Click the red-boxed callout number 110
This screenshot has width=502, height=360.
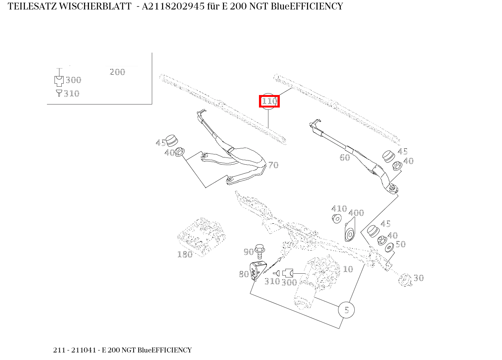click(x=269, y=101)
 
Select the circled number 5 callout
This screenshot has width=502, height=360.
click(x=346, y=310)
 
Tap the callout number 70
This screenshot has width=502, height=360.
click(x=273, y=165)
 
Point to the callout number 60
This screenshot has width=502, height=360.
click(x=345, y=157)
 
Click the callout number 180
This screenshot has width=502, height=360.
click(x=185, y=254)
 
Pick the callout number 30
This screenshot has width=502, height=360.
click(x=418, y=278)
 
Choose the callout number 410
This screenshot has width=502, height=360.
click(x=339, y=209)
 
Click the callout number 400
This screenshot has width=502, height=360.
click(x=356, y=213)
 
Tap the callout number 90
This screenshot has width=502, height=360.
click(x=248, y=252)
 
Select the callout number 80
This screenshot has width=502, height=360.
click(x=244, y=274)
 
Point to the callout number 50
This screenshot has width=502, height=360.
click(x=400, y=244)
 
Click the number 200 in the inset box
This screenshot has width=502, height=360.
click(x=117, y=72)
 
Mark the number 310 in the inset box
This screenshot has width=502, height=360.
click(x=72, y=94)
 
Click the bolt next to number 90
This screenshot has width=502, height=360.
click(x=259, y=250)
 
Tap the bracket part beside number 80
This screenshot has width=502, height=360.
click(x=256, y=271)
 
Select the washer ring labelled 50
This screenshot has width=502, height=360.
click(x=389, y=248)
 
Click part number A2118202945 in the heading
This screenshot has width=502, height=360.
click(x=170, y=6)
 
